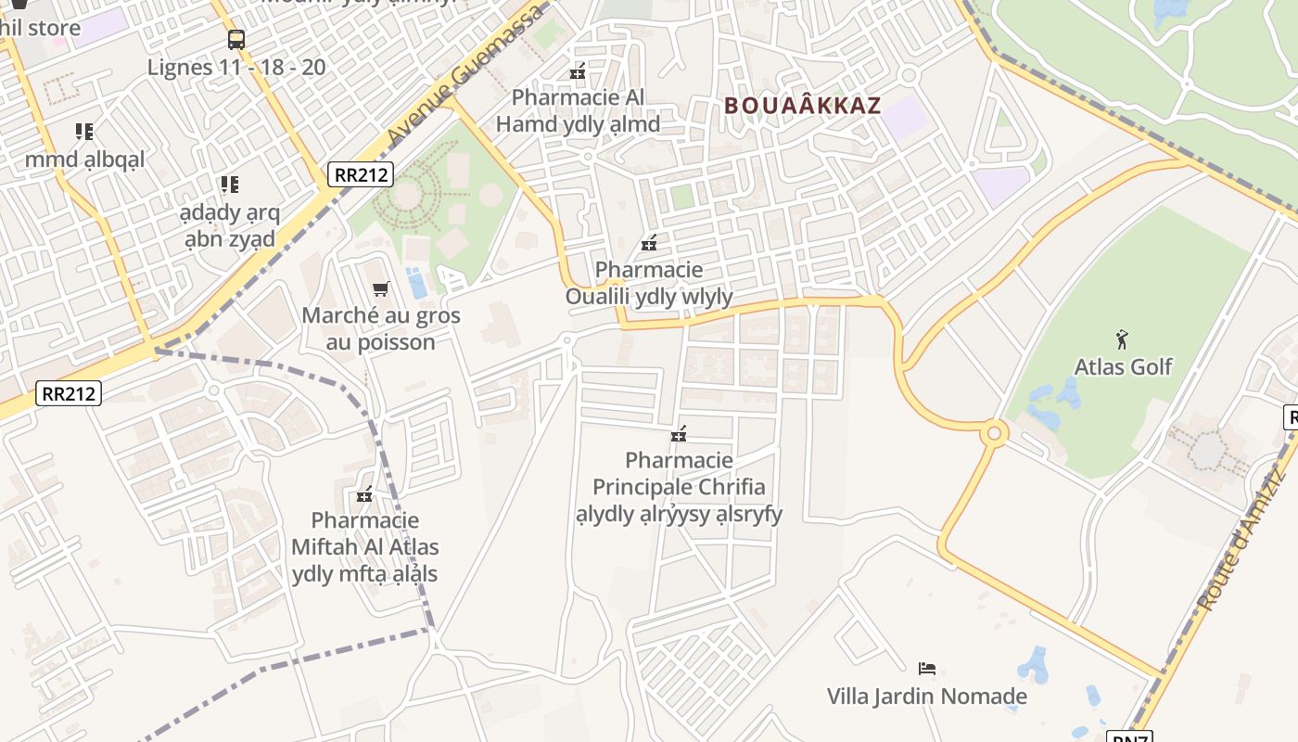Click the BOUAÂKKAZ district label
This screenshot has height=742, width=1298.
pyautogui.click(x=802, y=105)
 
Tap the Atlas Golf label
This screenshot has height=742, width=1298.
pyautogui.click(x=1123, y=367)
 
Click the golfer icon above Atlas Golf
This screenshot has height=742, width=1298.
pyautogui.click(x=1123, y=339)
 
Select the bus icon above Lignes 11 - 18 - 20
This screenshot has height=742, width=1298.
pyautogui.click(x=236, y=39)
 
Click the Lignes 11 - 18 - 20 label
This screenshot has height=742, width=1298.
pyautogui.click(x=236, y=67)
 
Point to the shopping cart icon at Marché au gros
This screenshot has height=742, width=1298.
pyautogui.click(x=380, y=288)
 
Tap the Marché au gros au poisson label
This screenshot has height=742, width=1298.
pyautogui.click(x=380, y=328)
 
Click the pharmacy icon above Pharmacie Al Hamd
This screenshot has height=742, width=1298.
pyautogui.click(x=578, y=70)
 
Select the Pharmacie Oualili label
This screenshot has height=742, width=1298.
pyautogui.click(x=649, y=283)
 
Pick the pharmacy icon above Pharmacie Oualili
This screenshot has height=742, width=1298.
pyautogui.click(x=649, y=244)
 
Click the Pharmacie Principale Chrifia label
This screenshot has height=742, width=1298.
pyautogui.click(x=679, y=487)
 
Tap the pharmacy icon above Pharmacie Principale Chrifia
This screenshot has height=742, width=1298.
pyautogui.click(x=679, y=433)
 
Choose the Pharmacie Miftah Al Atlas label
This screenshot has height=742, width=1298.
pyautogui.click(x=364, y=547)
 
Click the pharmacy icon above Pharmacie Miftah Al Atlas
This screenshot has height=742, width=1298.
pyautogui.click(x=364, y=494)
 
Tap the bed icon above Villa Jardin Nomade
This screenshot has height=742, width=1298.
pyautogui.click(x=926, y=668)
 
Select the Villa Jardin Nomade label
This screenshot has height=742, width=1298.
pyautogui.click(x=926, y=696)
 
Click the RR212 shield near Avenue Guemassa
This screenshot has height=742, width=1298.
pyautogui.click(x=360, y=173)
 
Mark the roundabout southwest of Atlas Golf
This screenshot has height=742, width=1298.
pyautogui.click(x=995, y=431)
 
